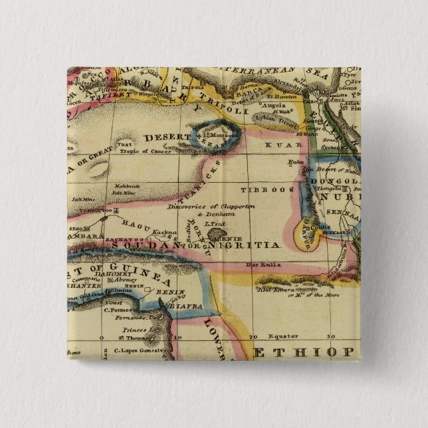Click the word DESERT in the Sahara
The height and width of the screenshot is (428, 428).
(162, 138)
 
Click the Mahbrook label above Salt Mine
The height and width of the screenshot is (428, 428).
(125, 186)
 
